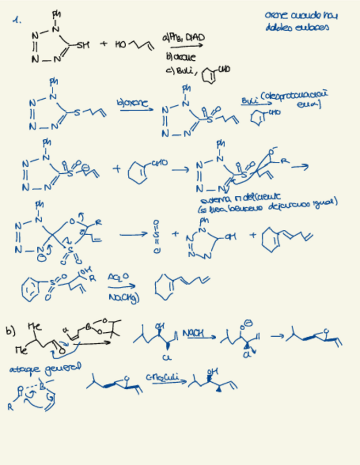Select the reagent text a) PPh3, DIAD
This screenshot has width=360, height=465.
pyautogui.click(x=184, y=37)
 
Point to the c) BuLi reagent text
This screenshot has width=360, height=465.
pyautogui.click(x=177, y=71)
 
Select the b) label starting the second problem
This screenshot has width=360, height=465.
pyautogui.click(x=9, y=331)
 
